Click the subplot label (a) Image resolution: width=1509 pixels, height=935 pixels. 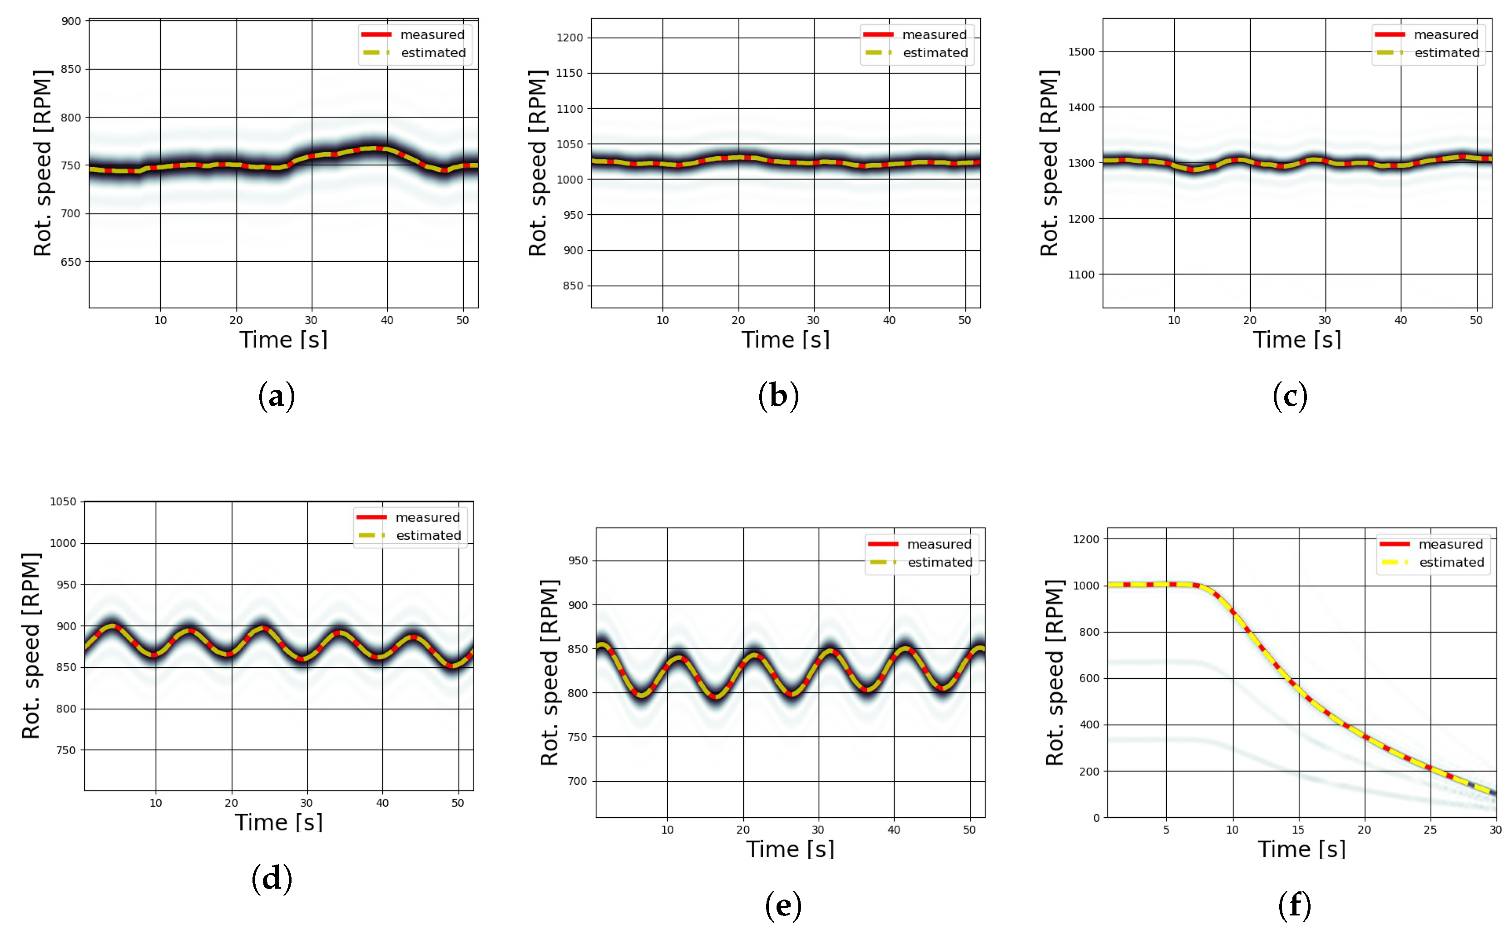coord(276,396)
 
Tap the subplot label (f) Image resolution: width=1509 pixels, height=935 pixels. coord(1294,905)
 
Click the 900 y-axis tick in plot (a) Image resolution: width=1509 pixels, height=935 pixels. coord(71,21)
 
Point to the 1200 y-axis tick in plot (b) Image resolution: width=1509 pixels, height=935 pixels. coord(569,38)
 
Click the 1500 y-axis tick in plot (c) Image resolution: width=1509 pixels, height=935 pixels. coord(1081,52)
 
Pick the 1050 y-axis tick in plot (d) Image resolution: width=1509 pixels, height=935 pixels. coord(63,502)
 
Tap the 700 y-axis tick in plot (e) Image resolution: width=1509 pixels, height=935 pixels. coord(577,781)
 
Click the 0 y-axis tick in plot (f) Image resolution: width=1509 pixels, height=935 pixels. coord(1096,817)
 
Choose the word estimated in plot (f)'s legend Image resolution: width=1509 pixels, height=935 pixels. coord(1451,562)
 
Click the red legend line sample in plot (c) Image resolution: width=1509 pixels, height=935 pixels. coord(1390,35)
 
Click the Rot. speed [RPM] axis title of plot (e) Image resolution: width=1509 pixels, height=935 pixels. coord(549,673)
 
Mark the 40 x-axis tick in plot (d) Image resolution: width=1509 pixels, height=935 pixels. coord(382,803)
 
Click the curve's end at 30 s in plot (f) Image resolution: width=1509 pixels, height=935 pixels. coord(1494,793)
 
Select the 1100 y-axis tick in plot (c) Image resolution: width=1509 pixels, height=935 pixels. coord(1081,274)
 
